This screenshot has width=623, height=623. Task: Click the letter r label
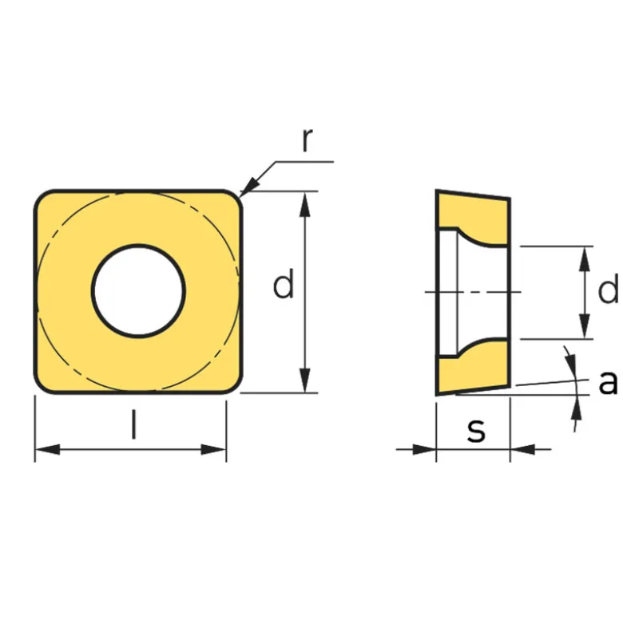(x=308, y=140)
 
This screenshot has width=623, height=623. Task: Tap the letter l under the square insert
(x=134, y=424)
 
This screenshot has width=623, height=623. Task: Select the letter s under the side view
(x=476, y=430)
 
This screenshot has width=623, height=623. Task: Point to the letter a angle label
(x=608, y=382)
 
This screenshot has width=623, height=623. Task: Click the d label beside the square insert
(x=284, y=283)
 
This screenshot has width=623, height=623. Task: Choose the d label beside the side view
(x=608, y=288)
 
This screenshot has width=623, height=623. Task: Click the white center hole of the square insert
(x=138, y=291)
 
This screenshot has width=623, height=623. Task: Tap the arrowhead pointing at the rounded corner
(x=250, y=186)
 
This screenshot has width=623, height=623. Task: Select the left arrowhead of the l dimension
(x=47, y=450)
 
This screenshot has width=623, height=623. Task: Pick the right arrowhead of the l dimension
(x=213, y=450)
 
